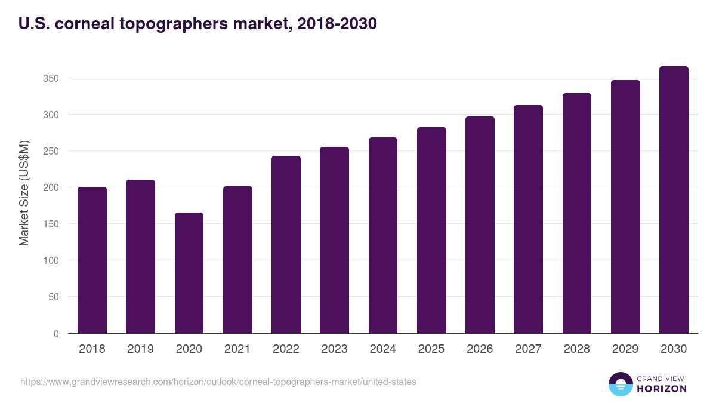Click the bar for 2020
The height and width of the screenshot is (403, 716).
click(x=189, y=273)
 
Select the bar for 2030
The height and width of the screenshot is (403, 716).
click(x=674, y=200)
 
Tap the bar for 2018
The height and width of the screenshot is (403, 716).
click(x=92, y=260)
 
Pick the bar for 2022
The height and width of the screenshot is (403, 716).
click(x=286, y=245)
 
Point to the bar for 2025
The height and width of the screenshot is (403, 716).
click(x=431, y=230)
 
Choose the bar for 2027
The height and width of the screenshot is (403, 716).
click(x=528, y=219)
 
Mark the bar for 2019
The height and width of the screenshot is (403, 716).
click(x=140, y=257)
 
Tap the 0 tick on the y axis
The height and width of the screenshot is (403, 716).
click(x=56, y=334)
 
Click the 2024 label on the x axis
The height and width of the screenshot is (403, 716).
click(x=382, y=349)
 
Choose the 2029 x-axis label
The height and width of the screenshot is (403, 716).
click(x=625, y=349)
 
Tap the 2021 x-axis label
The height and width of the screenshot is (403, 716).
click(x=237, y=349)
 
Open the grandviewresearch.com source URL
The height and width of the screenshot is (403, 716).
click(x=218, y=382)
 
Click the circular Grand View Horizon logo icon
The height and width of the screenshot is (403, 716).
click(x=620, y=384)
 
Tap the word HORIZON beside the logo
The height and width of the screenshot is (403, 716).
click(x=662, y=389)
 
